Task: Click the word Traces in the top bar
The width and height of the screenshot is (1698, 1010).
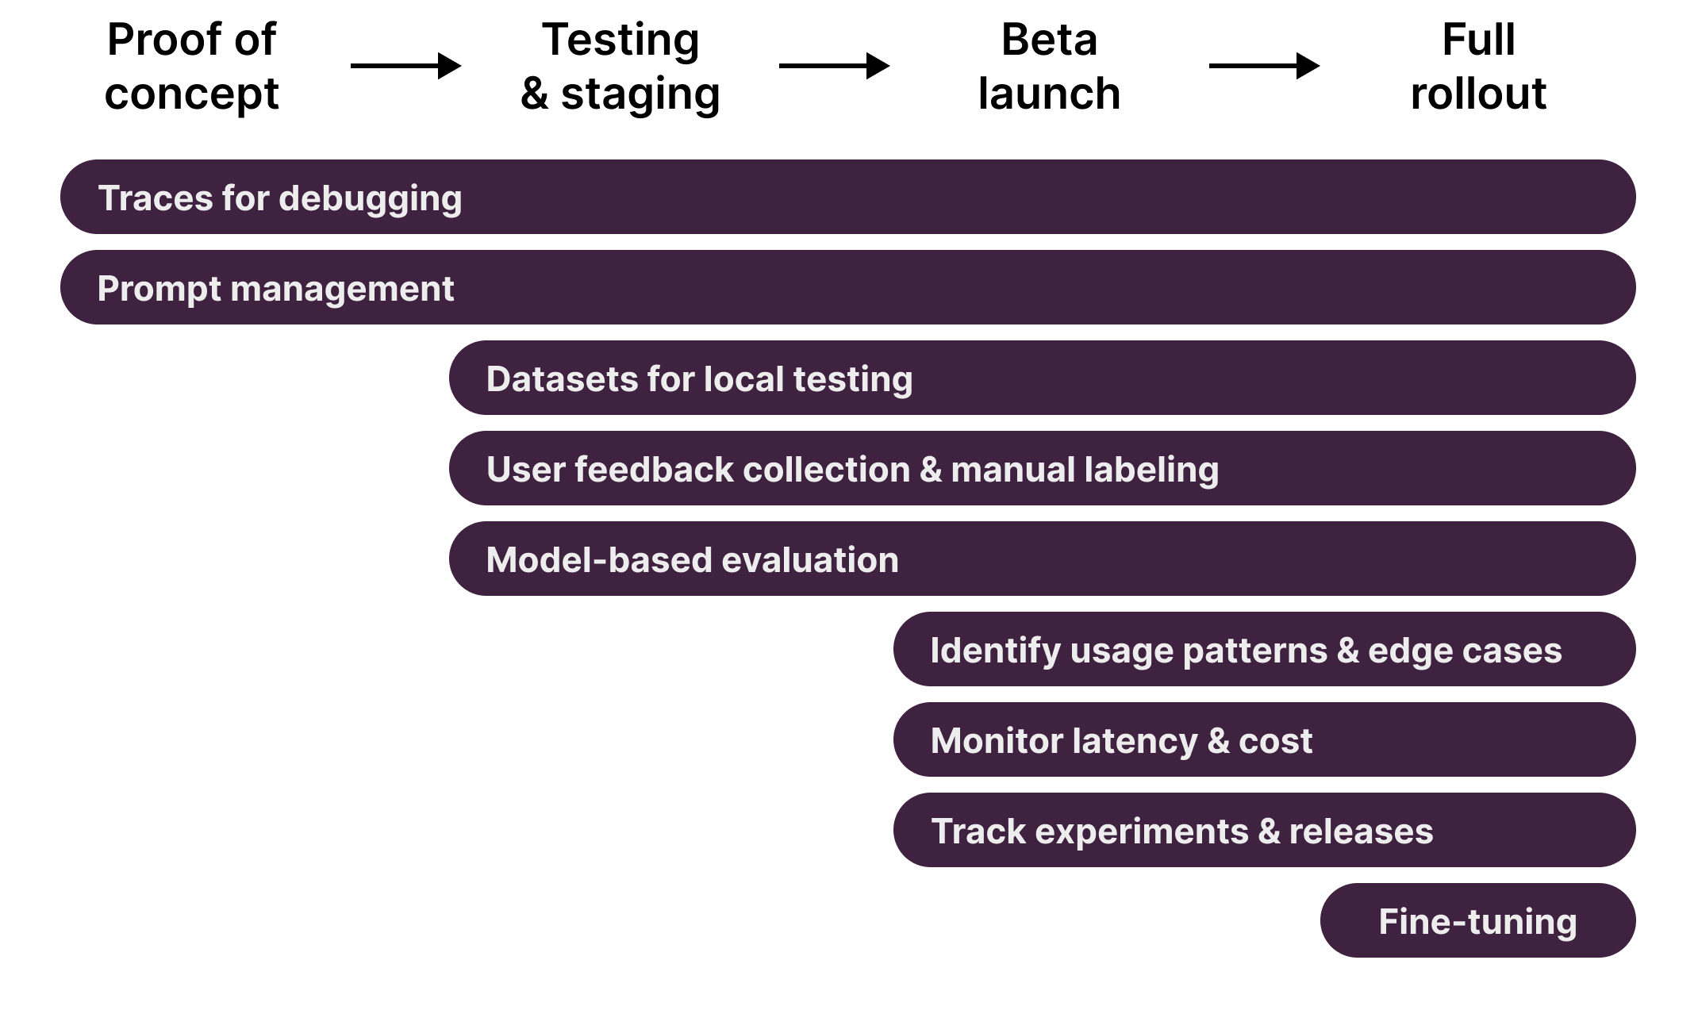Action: [155, 198]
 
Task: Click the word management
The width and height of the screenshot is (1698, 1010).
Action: [342, 290]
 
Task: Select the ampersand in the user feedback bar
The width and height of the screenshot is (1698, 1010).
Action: [930, 470]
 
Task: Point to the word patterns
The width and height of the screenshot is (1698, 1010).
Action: [1254, 651]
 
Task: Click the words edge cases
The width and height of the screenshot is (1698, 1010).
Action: [1465, 651]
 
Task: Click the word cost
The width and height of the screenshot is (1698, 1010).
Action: [1275, 741]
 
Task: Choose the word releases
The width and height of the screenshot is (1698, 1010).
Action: [1361, 831]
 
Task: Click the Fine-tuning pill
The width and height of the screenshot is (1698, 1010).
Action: [1477, 921]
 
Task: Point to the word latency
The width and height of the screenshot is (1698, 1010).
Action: [1135, 742]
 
